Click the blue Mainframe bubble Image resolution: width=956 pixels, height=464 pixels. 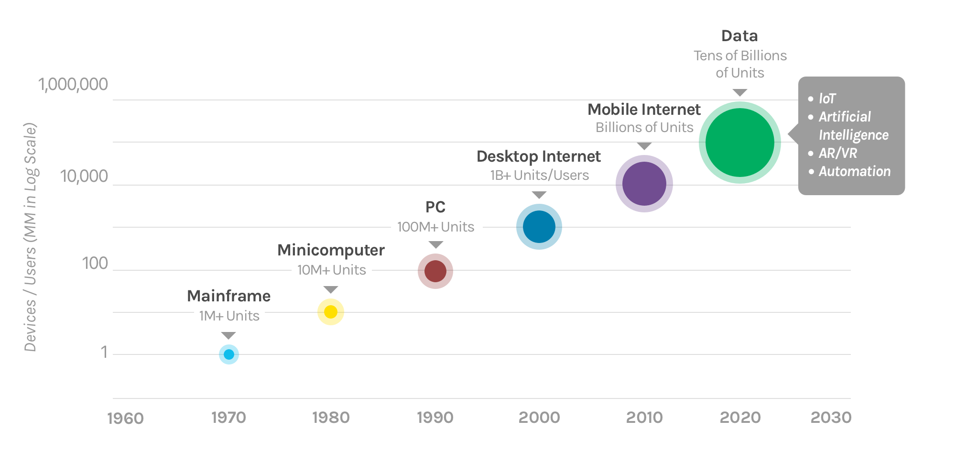pos(229,354)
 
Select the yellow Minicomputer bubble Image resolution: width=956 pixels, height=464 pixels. pos(331,312)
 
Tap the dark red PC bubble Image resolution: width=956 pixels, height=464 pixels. pos(435,271)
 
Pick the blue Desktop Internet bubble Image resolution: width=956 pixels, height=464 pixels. pos(539,227)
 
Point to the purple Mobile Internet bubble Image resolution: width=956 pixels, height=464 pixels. pos(644,184)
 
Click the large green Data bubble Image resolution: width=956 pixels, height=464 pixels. pos(740,143)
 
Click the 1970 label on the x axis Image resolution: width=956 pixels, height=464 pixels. pos(228,418)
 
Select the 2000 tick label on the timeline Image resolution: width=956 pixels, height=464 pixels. pos(539,418)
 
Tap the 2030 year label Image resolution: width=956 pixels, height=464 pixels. pos(831,418)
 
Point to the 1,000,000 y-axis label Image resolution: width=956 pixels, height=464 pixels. pos(73,85)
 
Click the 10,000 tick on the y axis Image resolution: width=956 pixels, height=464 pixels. pos(84,177)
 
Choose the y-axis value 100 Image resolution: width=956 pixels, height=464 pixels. pos(95,264)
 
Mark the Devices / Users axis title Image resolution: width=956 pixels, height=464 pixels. pos(30,237)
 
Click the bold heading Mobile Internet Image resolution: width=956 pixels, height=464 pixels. pos(644,110)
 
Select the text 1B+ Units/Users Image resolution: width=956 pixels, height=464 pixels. pos(539,175)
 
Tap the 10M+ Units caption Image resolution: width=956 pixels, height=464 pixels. pos(331,270)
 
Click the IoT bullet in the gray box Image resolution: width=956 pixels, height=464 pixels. pos(827,99)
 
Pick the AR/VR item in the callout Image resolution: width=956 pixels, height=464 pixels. pos(837,153)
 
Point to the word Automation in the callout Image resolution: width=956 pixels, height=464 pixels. pos(855,171)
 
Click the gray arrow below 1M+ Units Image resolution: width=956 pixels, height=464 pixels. pos(228,335)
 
